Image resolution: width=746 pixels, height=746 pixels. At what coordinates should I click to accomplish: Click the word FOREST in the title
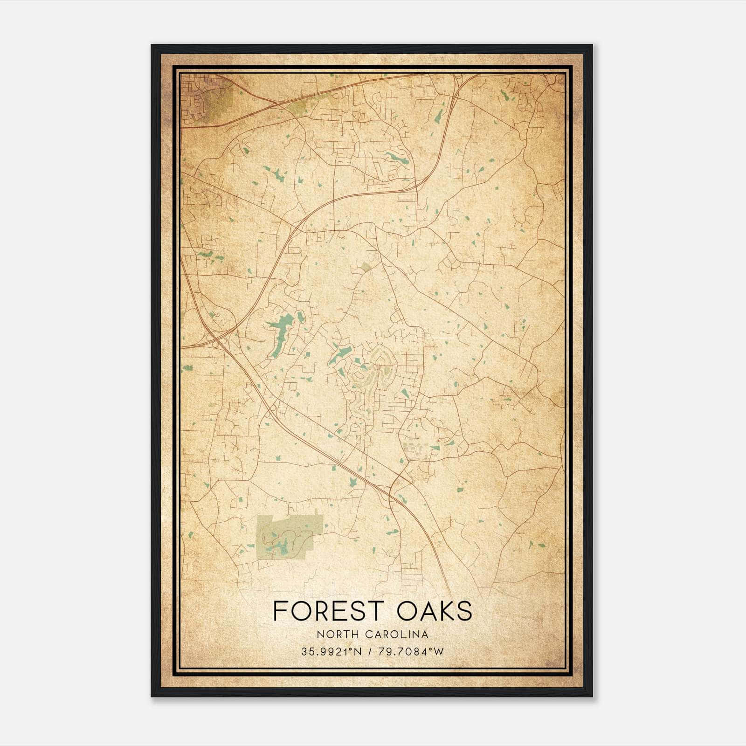(326, 611)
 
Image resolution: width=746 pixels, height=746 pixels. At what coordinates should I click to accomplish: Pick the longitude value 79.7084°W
(412, 651)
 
